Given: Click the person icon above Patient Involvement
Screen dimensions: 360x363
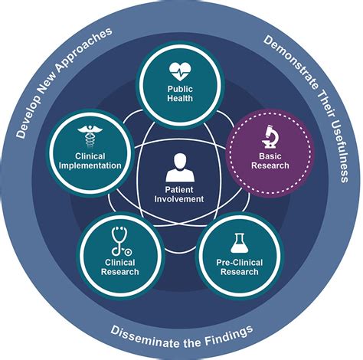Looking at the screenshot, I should [181, 168].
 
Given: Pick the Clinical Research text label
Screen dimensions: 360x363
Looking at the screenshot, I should [119, 267].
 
